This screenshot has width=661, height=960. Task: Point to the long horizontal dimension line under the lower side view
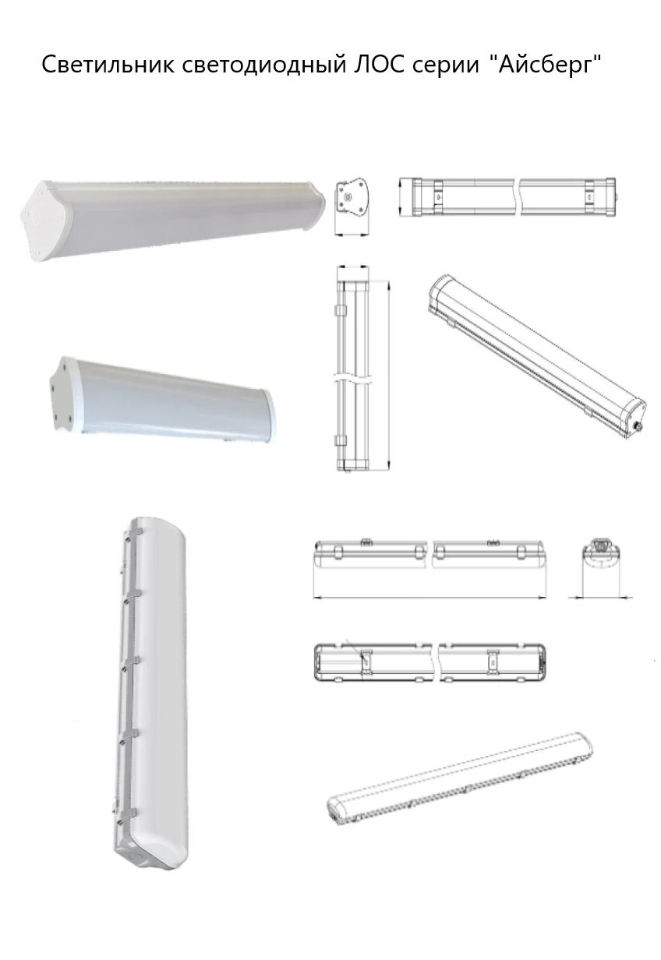tap(429, 598)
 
